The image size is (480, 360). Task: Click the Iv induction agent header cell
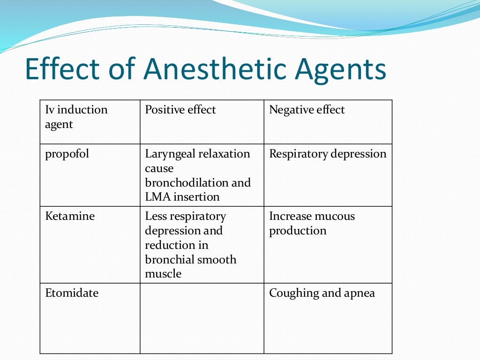coord(76,117)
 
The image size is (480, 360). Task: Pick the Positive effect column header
coord(180,110)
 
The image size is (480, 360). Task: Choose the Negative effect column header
coord(307,110)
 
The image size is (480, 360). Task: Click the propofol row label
coord(67,154)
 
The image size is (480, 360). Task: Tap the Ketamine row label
coord(70,216)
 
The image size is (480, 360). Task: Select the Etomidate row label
coord(72,293)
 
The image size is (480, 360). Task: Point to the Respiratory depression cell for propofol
coord(328,154)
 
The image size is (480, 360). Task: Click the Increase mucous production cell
coord(312,223)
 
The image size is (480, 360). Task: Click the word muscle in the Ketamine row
coord(163,274)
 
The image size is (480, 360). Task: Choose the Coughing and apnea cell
coord(322,293)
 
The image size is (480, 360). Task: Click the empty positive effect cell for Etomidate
coord(202,318)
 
